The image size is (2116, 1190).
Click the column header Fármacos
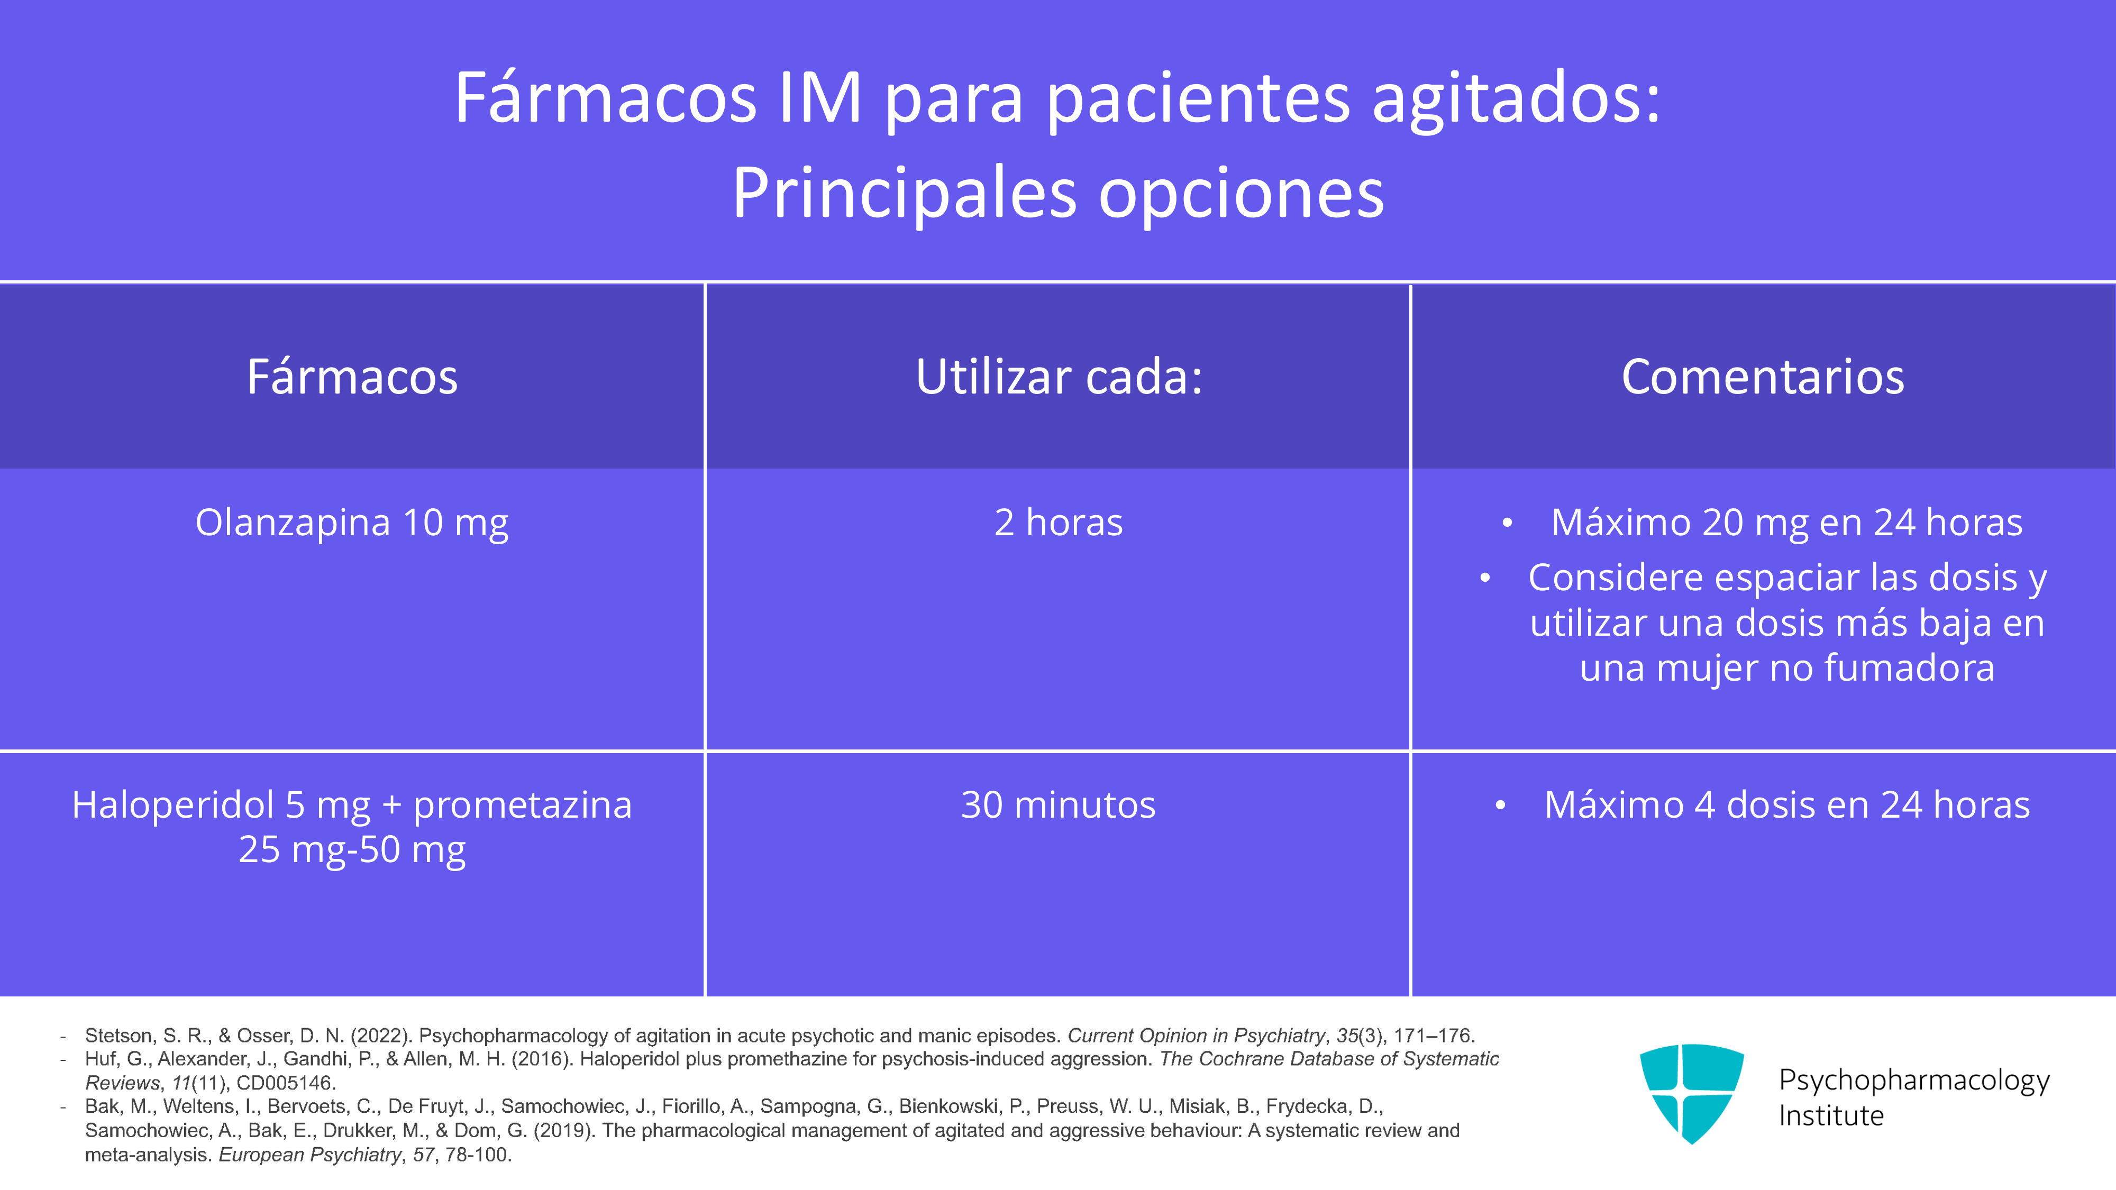click(x=352, y=377)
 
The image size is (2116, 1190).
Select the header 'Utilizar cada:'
click(x=1059, y=377)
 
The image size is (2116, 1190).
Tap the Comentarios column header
click(x=1763, y=377)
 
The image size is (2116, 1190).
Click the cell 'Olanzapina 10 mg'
click(x=352, y=523)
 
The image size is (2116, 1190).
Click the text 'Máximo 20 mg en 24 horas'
click(x=1786, y=523)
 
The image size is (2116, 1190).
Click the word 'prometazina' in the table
click(x=523, y=805)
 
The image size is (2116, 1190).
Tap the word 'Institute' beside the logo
click(x=1831, y=1115)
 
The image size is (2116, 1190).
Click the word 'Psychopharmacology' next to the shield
click(x=1914, y=1081)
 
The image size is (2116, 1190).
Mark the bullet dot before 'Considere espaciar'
click(x=1484, y=578)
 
